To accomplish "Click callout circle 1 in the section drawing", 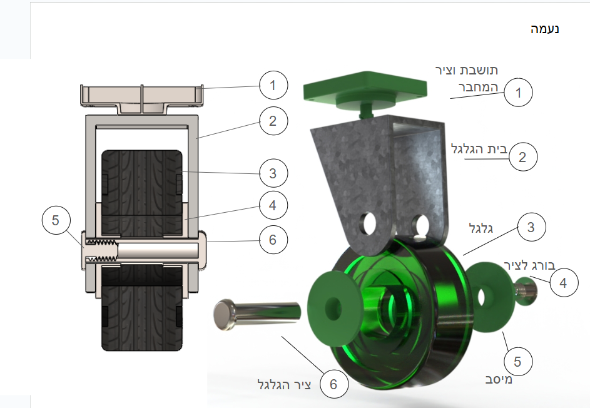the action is [273, 85].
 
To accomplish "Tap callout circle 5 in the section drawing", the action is [56, 220].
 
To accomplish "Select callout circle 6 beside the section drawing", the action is [273, 240].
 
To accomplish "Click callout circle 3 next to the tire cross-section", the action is [273, 173].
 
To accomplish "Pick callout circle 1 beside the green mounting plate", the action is [518, 93].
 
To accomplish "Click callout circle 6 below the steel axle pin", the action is [334, 384].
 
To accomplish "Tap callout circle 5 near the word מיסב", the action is [518, 361].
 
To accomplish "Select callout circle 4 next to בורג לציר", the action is [564, 283].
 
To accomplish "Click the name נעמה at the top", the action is [545, 29].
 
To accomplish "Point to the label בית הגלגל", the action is [479, 149].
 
